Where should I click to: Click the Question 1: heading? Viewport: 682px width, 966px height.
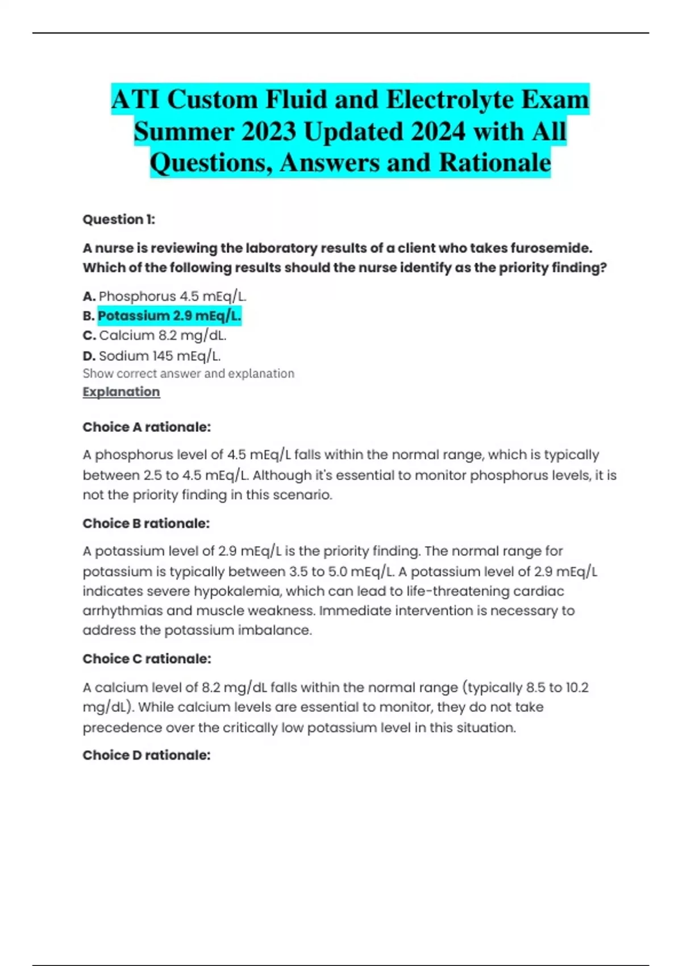(119, 219)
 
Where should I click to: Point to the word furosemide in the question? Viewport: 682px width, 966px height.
(550, 248)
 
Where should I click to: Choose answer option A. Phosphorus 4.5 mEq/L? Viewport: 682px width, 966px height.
(165, 297)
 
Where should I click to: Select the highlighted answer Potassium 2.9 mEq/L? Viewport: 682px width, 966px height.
(169, 316)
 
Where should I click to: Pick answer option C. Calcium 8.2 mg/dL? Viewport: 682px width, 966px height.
(155, 336)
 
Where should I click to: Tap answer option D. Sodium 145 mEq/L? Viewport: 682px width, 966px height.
(152, 356)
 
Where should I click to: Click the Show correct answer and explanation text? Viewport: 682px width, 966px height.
(188, 374)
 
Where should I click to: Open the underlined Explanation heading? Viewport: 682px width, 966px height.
(121, 392)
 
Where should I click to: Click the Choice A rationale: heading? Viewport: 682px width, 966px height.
(147, 427)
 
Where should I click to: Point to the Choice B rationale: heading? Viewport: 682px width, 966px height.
(146, 523)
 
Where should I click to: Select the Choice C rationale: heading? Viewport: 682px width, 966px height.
(147, 659)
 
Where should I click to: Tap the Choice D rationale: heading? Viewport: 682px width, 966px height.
(147, 755)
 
